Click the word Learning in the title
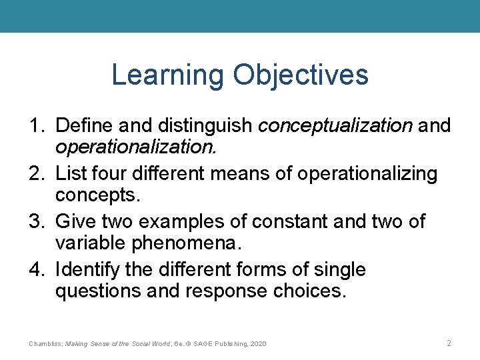click(x=168, y=75)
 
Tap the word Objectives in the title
click(x=300, y=75)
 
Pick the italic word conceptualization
click(x=334, y=125)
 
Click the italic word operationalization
click(x=136, y=146)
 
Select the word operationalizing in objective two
click(x=367, y=174)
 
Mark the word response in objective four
click(x=219, y=291)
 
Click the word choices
click(x=312, y=291)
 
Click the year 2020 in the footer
click(x=256, y=343)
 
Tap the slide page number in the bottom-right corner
click(x=449, y=343)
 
